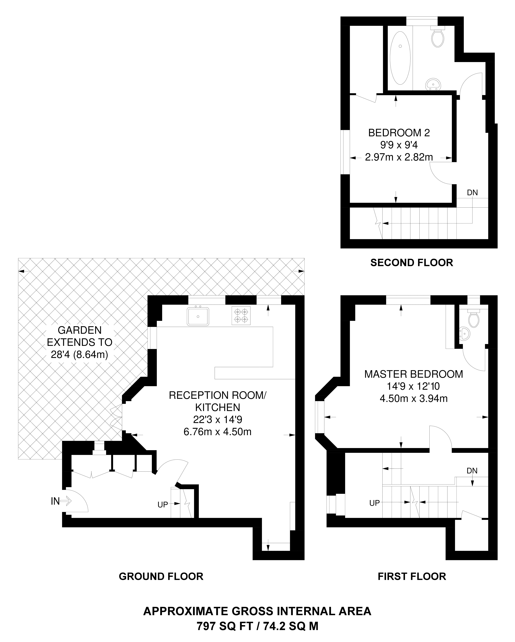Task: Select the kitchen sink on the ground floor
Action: (x=198, y=316)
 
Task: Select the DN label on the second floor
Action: (x=472, y=193)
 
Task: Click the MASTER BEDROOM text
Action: (x=413, y=374)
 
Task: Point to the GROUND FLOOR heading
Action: (x=161, y=576)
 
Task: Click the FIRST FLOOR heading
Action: (x=412, y=576)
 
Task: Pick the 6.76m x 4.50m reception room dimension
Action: (x=217, y=431)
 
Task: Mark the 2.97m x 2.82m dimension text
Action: (x=399, y=157)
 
